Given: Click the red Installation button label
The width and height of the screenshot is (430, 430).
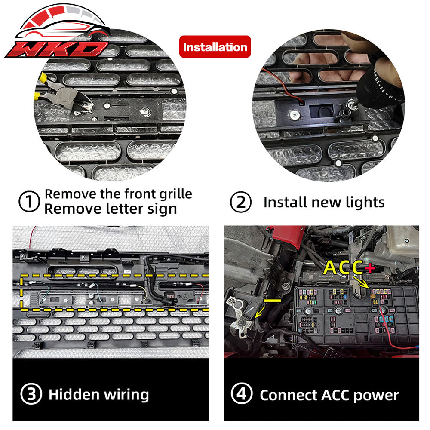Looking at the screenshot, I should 215,46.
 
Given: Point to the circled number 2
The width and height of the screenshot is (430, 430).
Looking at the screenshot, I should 241,202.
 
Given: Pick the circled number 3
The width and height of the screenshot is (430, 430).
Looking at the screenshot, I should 31,394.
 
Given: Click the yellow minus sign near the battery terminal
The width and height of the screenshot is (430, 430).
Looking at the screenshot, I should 272,301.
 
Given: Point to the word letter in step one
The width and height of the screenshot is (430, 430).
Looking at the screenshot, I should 122,209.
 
